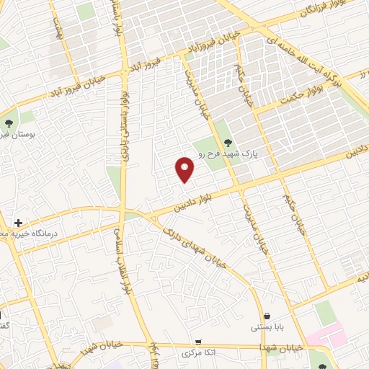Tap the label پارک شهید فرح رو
coord(228,154)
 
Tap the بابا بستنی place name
coord(267,327)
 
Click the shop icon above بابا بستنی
coord(267,316)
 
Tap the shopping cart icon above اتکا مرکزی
coord(197,342)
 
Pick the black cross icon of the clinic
coord(18,223)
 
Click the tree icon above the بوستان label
coord(9,122)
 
